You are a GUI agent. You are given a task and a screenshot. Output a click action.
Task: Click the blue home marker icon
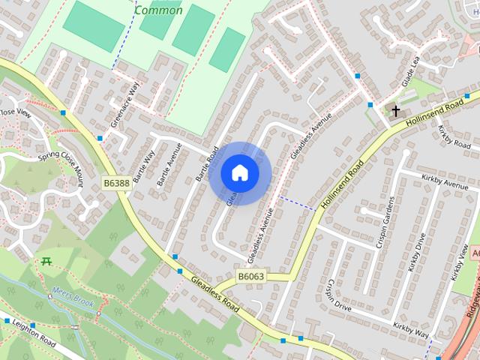240,172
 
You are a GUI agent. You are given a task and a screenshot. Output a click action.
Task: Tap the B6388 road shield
116,182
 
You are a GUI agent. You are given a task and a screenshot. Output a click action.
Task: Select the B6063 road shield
251,277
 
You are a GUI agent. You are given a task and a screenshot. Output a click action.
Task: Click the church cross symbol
395,111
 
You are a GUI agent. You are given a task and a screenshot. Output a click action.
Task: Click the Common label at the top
158,10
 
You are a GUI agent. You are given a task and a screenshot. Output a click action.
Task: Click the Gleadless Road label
215,295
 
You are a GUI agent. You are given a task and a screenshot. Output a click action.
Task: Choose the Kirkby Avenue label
445,182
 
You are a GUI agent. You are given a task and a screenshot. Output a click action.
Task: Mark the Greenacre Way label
125,104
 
